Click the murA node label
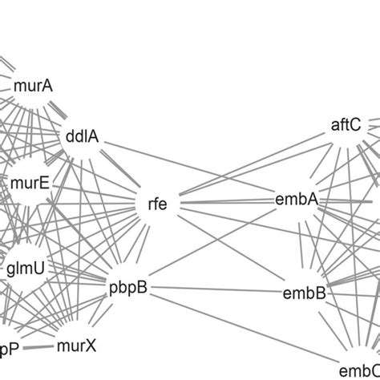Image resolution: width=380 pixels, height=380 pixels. (x=33, y=84)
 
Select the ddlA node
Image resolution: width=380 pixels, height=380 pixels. (x=81, y=136)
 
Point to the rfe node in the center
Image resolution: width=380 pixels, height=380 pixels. (x=159, y=203)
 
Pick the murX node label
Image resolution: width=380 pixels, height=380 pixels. (x=76, y=346)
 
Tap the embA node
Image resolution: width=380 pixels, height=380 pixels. (x=296, y=198)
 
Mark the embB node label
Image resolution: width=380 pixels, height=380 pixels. (x=304, y=293)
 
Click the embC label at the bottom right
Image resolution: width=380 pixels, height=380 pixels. (x=359, y=370)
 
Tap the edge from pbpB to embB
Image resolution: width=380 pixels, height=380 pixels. (x=216, y=289)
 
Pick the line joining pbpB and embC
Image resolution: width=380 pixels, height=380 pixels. (x=241, y=329)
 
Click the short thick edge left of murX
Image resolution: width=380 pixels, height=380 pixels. (x=39, y=348)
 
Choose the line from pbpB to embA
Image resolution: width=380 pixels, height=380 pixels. (x=212, y=244)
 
